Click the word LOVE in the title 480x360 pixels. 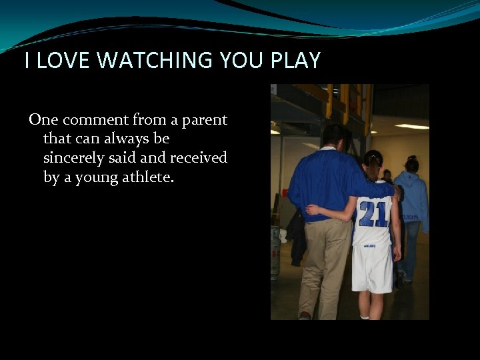click(63, 61)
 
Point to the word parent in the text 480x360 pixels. click(204, 120)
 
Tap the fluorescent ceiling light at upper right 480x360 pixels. click(412, 127)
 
